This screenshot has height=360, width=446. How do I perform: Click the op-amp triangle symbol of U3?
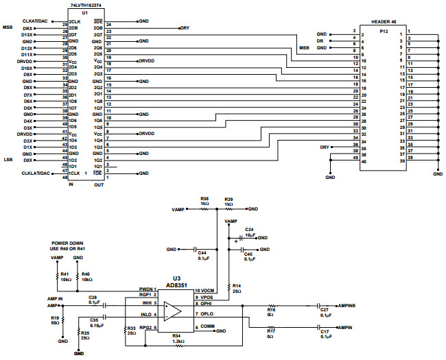[172, 311]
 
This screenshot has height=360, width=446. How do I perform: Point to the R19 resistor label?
[55, 317]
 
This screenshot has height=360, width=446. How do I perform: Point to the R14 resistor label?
[236, 285]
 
